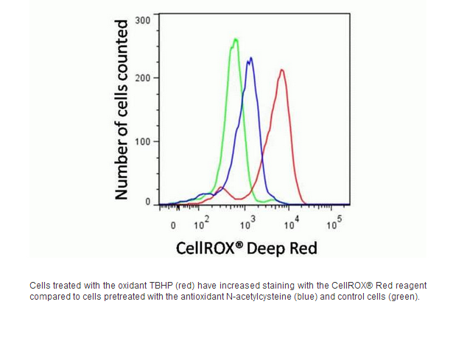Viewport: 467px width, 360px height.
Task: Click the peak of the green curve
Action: pos(236,39)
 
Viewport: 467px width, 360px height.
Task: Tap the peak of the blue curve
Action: pos(250,58)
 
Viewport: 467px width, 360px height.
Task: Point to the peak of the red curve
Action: pos(281,70)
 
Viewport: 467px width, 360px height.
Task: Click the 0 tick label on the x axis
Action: pos(173,225)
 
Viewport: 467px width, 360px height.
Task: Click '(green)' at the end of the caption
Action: pos(404,297)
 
